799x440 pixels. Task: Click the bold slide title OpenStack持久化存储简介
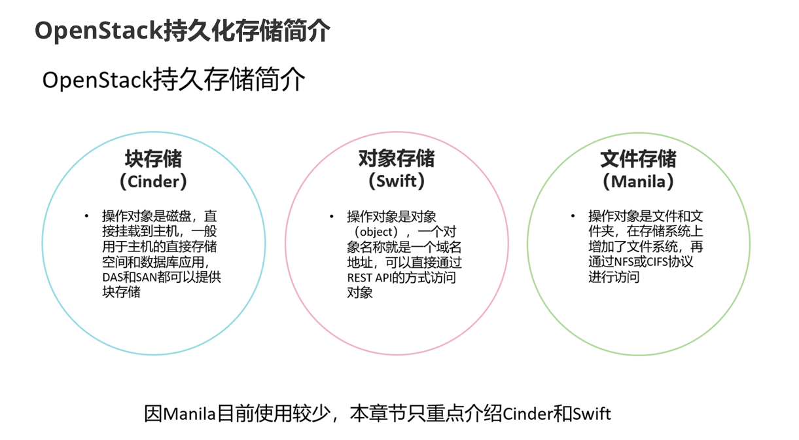click(x=182, y=31)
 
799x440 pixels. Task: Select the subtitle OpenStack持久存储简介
click(x=173, y=80)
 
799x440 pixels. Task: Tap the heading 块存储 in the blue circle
click(x=154, y=159)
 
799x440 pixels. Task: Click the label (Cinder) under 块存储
click(x=154, y=181)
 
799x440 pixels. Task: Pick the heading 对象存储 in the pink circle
click(x=397, y=159)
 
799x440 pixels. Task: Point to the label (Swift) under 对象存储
click(x=397, y=181)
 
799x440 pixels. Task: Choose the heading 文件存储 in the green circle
click(x=639, y=159)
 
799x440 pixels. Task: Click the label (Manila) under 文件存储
click(x=639, y=181)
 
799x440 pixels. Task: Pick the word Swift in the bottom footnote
click(x=592, y=414)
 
